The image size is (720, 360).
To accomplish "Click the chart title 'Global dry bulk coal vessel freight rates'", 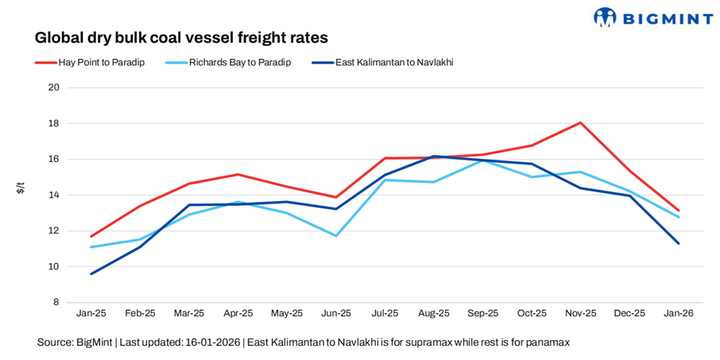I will (x=181, y=37).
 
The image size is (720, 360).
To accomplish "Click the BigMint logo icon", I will (x=606, y=17).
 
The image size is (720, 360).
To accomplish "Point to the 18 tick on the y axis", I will (x=55, y=123).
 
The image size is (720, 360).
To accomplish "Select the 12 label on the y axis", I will (x=55, y=230).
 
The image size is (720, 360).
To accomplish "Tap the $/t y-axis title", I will (x=21, y=188).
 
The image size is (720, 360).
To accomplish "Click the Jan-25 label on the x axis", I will (x=91, y=313).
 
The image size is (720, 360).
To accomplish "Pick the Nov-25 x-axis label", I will (x=580, y=313).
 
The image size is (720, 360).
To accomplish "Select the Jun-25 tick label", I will (x=335, y=313).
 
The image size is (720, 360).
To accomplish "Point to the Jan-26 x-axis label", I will (x=678, y=313).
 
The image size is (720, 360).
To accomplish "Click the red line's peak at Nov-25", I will (x=580, y=122).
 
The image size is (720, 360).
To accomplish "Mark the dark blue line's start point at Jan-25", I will (x=91, y=273).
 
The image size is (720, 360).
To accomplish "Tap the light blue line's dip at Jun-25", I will (x=336, y=235).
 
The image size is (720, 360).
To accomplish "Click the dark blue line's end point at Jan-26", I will (x=678, y=243).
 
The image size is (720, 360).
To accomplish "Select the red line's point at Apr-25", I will (x=238, y=174).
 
